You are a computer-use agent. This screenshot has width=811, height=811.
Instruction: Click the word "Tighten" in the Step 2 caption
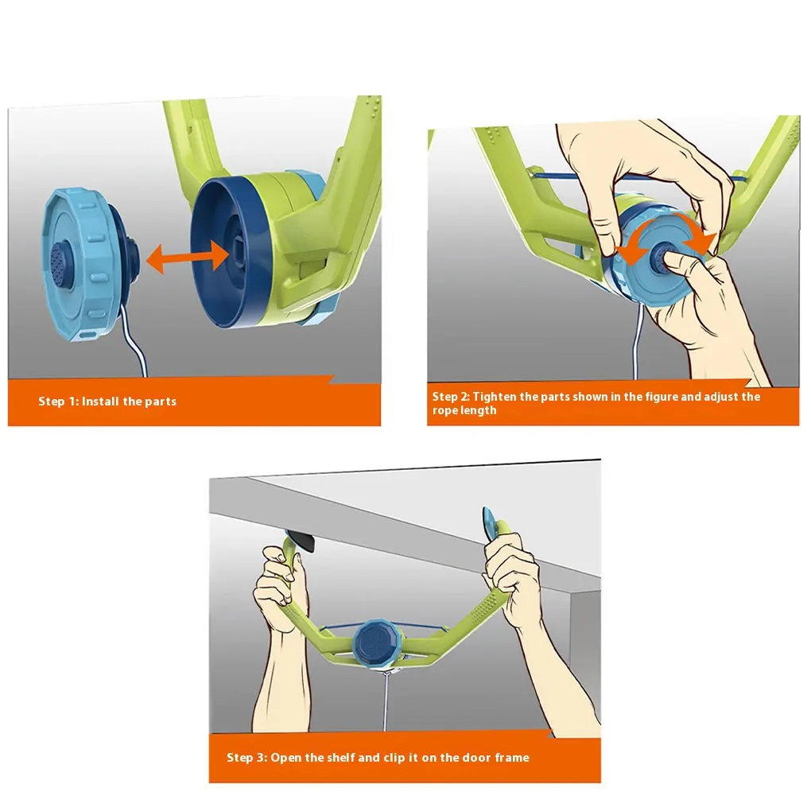[495, 397]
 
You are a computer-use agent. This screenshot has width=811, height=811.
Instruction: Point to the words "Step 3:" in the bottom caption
[246, 758]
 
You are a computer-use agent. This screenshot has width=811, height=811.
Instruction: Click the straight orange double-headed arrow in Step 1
[188, 257]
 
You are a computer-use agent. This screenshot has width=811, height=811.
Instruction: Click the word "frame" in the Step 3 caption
[512, 758]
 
